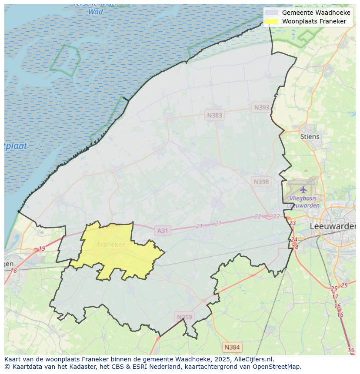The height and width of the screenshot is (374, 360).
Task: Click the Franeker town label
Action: click(110, 245)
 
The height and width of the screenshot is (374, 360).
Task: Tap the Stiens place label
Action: click(310, 136)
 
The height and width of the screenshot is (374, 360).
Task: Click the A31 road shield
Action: click(162, 231)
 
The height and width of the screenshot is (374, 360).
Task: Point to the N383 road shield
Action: click(214, 115)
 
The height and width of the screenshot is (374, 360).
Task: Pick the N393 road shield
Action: click(262, 107)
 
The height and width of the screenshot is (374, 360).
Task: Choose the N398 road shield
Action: click(261, 182)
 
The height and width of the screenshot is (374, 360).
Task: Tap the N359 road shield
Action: click(184, 317)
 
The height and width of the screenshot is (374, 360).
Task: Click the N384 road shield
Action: click(232, 347)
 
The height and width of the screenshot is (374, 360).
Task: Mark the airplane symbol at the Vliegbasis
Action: click(303, 189)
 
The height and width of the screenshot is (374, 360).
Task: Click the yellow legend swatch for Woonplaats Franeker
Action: click(271, 21)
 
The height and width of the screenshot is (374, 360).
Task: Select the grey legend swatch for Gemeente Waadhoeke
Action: click(271, 13)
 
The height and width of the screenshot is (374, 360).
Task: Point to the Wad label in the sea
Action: click(96, 12)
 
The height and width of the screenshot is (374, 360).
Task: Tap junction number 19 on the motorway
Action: click(42, 249)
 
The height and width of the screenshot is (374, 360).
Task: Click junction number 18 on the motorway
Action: click(13, 271)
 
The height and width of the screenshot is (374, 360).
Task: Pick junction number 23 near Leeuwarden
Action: click(292, 223)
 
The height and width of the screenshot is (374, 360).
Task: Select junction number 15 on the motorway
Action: click(351, 350)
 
